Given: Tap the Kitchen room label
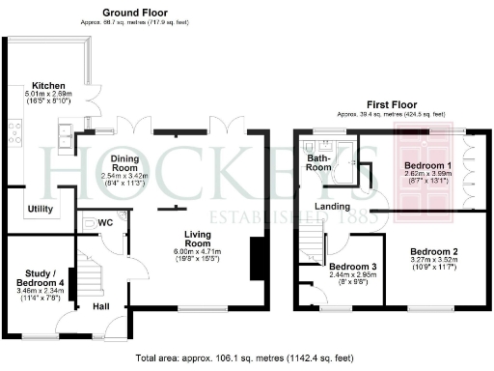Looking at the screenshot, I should [48, 84].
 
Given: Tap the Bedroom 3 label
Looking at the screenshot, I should [352, 266].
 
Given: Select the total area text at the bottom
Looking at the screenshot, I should [247, 357].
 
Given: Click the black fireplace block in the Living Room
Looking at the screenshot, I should [256, 260].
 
